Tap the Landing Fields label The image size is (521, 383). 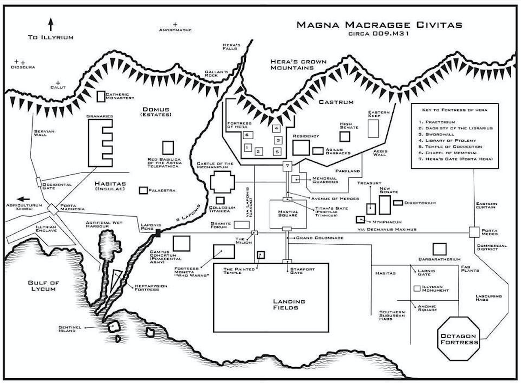289,304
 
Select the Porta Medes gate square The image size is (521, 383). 474,232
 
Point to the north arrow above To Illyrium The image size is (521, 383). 51,24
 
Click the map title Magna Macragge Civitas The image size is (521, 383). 379,25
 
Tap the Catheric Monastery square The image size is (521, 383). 100,96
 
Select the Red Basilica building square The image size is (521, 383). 168,147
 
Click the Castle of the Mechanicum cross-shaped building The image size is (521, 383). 223,183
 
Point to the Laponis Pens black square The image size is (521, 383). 158,233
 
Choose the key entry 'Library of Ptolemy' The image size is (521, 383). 448,141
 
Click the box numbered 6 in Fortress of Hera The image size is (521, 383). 247,135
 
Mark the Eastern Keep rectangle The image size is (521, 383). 373,129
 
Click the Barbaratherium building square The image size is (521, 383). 440,249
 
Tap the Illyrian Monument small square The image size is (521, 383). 416,289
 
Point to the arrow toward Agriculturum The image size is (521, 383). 24,199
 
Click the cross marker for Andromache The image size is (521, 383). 175,24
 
